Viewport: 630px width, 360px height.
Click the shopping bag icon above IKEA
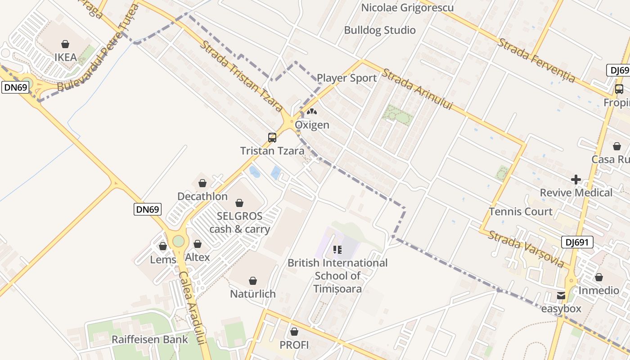(x=65, y=44)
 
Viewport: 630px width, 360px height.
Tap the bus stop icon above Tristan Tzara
(x=272, y=138)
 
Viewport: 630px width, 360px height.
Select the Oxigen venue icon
(x=311, y=111)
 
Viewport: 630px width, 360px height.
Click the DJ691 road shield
(x=577, y=243)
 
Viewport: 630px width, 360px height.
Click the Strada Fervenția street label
(x=536, y=60)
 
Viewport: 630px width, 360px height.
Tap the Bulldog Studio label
(x=380, y=30)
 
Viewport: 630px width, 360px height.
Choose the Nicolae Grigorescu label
(x=407, y=8)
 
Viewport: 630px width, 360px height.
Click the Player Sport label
(x=346, y=78)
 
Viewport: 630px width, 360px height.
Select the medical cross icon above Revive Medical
(x=576, y=180)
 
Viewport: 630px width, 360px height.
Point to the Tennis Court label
(x=521, y=211)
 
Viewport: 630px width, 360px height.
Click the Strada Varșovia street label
(x=526, y=249)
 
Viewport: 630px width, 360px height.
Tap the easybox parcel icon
(x=561, y=296)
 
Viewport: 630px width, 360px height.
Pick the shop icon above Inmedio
(x=598, y=277)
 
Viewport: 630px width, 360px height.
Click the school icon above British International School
(x=337, y=249)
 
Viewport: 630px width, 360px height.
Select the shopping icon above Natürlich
(x=253, y=281)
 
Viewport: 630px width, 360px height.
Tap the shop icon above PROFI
(x=294, y=332)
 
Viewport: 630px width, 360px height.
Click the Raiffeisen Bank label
(x=150, y=339)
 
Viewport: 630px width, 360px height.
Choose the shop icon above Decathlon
(x=202, y=183)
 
